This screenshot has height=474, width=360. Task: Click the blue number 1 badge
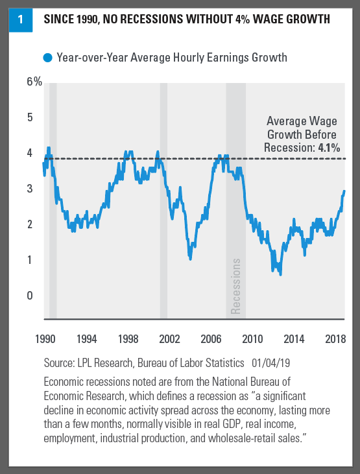(21, 20)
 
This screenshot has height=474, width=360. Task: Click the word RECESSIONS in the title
(143, 19)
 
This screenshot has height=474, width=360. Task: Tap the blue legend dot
(48, 58)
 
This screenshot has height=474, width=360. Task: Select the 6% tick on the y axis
(34, 82)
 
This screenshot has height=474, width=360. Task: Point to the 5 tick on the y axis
(30, 117)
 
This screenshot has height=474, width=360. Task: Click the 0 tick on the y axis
(30, 295)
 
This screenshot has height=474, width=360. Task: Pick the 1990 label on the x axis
(45, 339)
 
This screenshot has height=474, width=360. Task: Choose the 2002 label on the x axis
(169, 339)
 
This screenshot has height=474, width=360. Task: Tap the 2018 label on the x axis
(335, 339)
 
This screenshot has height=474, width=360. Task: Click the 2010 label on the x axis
(252, 339)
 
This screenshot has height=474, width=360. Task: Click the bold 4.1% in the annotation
(329, 148)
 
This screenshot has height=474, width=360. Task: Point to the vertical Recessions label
(235, 286)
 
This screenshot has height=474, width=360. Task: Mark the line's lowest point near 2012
(280, 274)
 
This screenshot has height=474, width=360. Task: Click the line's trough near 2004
(190, 259)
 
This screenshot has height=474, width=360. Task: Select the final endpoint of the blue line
(344, 191)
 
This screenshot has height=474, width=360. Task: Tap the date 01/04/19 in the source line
(270, 362)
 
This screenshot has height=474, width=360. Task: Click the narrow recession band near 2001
(163, 201)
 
